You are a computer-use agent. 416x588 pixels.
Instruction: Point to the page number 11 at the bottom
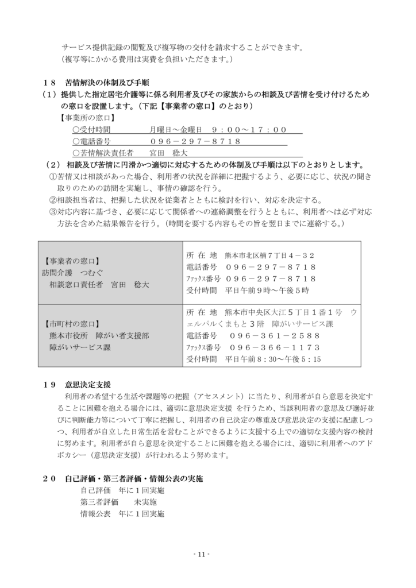(201, 554)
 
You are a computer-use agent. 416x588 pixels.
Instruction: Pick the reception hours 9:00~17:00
(249, 130)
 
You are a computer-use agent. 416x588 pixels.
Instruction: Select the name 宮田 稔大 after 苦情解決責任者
(169, 153)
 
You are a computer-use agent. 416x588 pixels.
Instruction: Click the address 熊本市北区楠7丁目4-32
(269, 256)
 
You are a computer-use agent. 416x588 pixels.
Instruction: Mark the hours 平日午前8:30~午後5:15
(273, 359)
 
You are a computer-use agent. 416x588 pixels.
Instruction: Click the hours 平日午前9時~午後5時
(267, 290)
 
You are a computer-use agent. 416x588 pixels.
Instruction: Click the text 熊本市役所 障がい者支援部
(99, 335)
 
